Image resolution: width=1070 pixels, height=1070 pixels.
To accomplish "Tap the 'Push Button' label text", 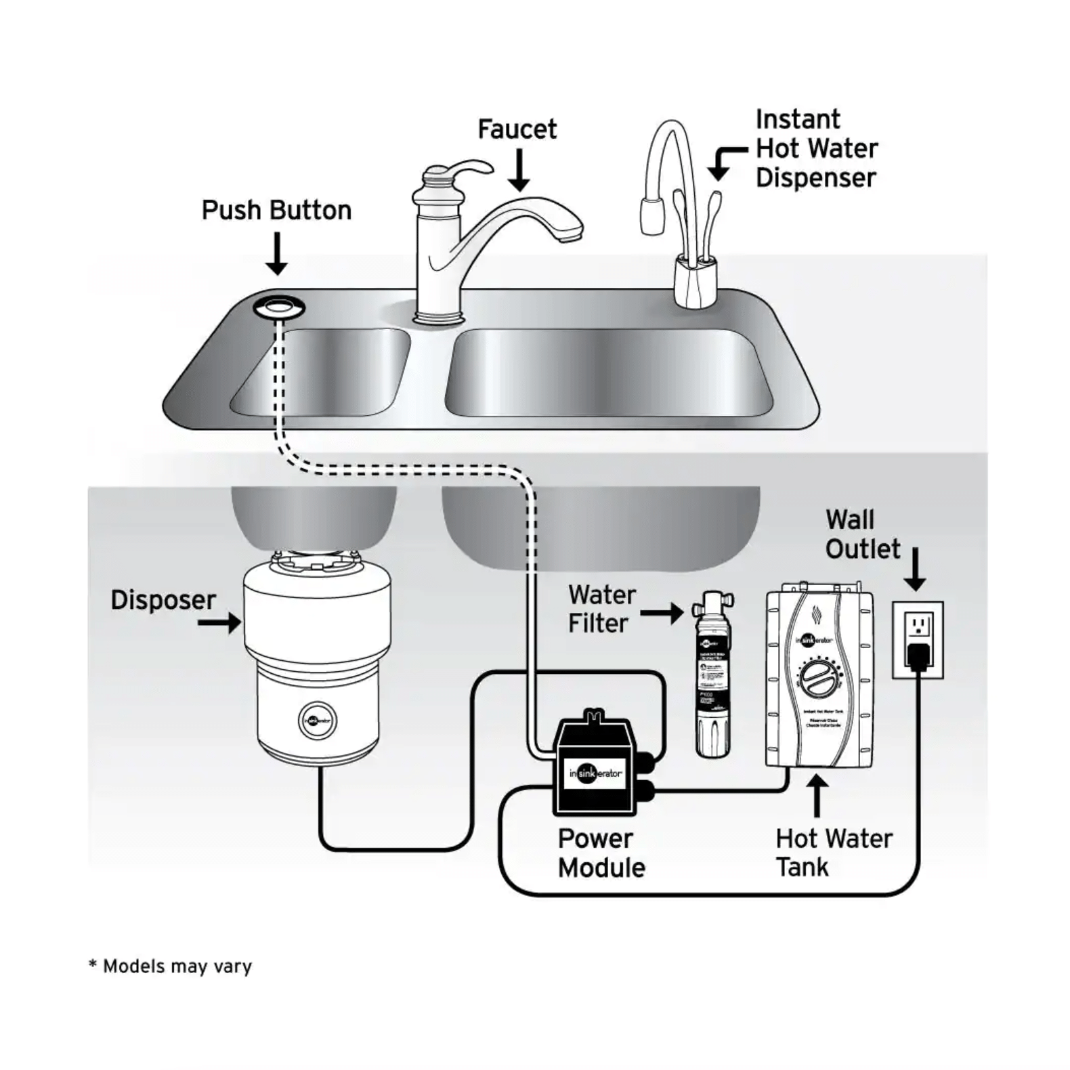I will tap(276, 211).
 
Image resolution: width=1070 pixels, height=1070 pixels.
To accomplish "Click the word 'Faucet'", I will tap(517, 129).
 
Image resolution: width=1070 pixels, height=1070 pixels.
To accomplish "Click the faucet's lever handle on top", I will tap(467, 169).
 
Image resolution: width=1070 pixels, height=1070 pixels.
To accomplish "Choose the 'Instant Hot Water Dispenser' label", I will tap(816, 148).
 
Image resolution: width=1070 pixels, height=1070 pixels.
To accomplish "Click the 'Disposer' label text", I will tap(163, 600).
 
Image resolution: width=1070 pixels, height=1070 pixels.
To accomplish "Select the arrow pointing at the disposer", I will tap(220, 622).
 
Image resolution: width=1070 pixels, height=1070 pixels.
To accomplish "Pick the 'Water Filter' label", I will tap(602, 609).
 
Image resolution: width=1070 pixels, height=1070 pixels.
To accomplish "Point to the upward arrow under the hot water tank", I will tap(818, 795).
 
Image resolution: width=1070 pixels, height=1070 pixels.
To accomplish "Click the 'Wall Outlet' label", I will tap(863, 534).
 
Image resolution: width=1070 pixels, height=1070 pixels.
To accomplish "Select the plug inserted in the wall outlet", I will tap(918, 656).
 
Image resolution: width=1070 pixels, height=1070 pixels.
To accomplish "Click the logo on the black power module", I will tap(596, 773).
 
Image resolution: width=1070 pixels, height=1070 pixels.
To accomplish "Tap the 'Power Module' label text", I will tap(601, 853).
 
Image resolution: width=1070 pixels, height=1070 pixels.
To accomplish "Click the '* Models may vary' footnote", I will tap(171, 966).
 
